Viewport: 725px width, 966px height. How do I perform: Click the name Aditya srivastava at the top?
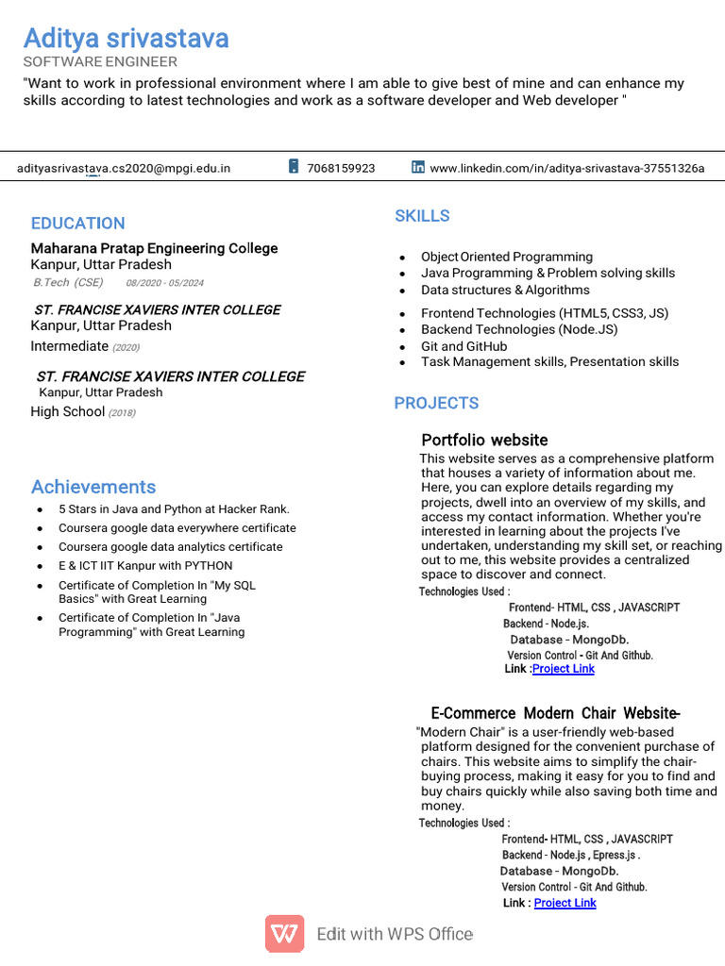126,39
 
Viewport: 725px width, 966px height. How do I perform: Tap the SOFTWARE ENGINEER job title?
100,62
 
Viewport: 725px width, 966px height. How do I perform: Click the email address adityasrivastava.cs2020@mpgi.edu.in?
124,169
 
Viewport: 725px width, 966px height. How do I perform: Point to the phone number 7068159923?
341,169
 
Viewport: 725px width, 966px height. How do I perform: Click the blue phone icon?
294,167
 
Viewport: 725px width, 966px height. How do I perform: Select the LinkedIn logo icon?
418,167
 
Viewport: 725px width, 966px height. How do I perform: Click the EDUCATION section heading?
77,224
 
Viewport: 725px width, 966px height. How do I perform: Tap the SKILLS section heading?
422,216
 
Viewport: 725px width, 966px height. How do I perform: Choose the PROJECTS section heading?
436,404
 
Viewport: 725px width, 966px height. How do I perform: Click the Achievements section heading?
93,487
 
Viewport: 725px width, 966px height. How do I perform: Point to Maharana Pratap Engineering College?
154,249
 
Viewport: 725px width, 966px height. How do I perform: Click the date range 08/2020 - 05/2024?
164,283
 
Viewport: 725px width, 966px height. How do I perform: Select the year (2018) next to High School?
122,413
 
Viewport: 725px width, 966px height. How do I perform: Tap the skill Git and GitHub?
464,346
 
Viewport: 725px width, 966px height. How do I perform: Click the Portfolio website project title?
484,441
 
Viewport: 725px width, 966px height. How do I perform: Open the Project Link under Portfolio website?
564,669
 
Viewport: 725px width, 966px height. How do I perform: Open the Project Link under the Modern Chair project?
565,903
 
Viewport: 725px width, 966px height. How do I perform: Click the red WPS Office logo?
284,934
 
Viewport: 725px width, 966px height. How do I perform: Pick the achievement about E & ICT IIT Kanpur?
145,566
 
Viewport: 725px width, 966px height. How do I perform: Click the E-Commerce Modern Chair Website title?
555,713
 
